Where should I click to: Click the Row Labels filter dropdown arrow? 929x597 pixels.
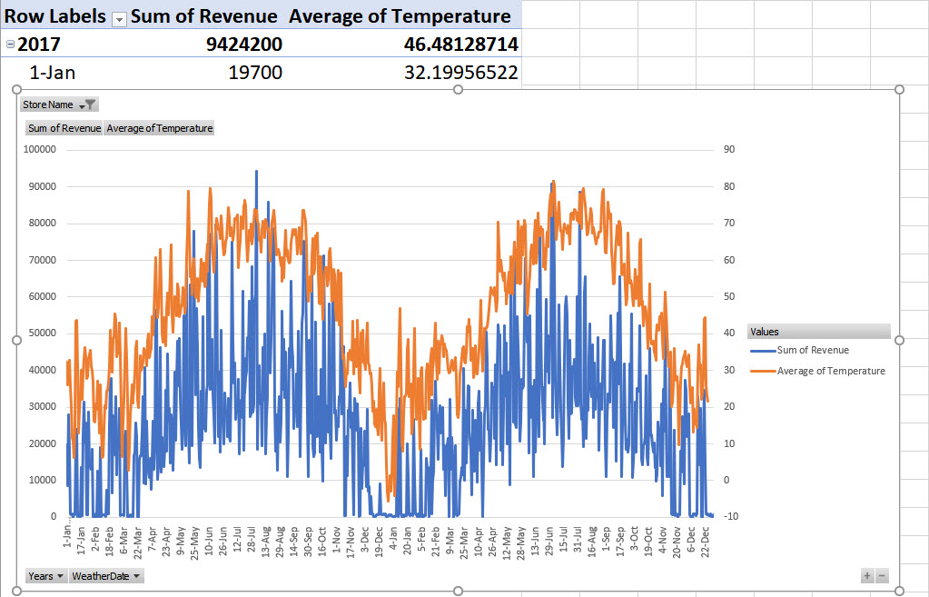click(x=117, y=18)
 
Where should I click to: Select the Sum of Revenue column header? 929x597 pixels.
click(x=204, y=16)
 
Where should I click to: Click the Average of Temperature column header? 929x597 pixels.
click(x=400, y=16)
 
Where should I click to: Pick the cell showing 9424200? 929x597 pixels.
click(x=242, y=45)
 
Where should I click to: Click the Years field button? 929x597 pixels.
click(x=45, y=576)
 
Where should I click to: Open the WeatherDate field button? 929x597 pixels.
click(x=106, y=576)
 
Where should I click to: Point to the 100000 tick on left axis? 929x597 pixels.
click(x=41, y=149)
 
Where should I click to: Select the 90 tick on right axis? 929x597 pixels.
click(x=729, y=149)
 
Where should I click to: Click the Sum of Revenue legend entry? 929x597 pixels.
click(x=812, y=350)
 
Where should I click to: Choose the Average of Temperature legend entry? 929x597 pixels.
click(x=830, y=371)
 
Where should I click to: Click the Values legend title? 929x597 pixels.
click(x=764, y=332)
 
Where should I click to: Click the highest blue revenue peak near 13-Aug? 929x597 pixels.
click(x=256, y=171)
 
